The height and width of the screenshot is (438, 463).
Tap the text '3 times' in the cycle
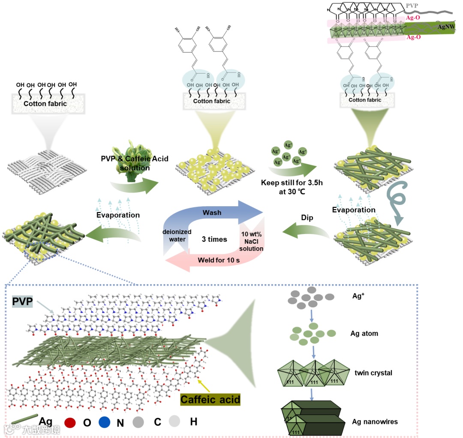(x=214, y=239)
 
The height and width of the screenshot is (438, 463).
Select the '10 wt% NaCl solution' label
(x=252, y=241)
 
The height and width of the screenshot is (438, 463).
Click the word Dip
(x=307, y=218)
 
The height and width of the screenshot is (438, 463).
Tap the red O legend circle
(x=69, y=422)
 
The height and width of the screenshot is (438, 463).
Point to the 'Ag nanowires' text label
(x=375, y=422)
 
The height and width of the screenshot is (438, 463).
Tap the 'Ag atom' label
(x=365, y=333)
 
